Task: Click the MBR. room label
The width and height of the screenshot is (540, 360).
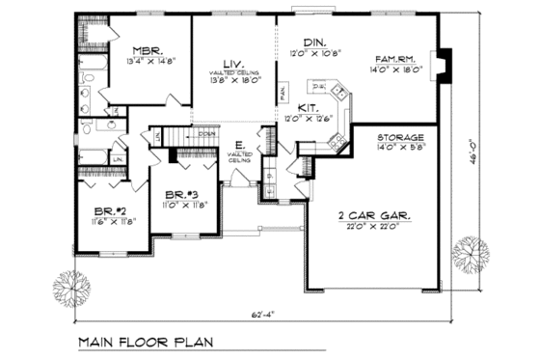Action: tap(147, 51)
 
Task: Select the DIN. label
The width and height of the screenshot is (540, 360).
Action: tap(315, 43)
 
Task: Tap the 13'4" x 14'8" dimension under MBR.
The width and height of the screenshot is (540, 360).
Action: tap(147, 62)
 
